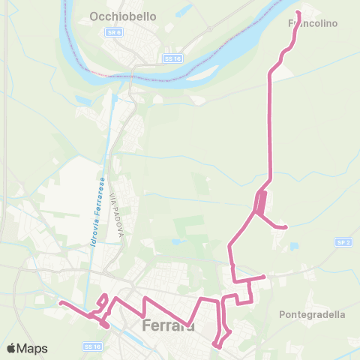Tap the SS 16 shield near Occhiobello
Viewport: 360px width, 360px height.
pyautogui.click(x=170, y=58)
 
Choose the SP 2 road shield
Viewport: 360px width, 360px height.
pyautogui.click(x=344, y=242)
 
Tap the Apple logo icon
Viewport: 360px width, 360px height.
pyautogui.click(x=11, y=348)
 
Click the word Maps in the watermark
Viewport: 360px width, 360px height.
pyautogui.click(x=32, y=348)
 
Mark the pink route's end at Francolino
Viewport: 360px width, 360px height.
pyautogui.click(x=298, y=13)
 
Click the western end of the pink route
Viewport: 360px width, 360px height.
pyautogui.click(x=60, y=303)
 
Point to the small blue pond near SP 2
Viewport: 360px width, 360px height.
pyautogui.click(x=293, y=246)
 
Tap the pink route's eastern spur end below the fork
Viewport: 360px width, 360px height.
pyautogui.click(x=286, y=227)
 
